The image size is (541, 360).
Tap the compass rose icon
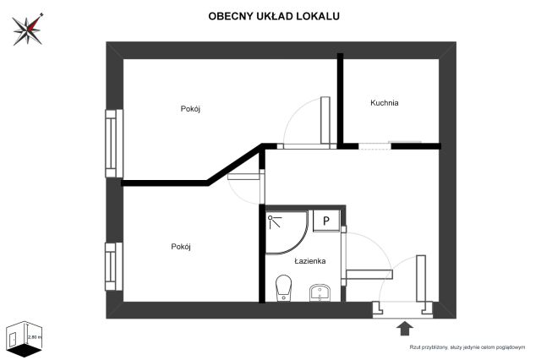[x=28, y=30]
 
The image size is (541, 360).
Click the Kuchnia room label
[x=384, y=103]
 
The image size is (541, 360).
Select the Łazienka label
[x=310, y=262]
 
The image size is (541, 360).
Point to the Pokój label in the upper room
[x=190, y=109]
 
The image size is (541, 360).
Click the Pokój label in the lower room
[x=181, y=247]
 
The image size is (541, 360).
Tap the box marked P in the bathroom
[x=327, y=221]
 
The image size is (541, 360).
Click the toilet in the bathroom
[x=284, y=288]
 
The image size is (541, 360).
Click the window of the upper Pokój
[x=112, y=143]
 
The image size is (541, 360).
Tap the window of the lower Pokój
[x=112, y=266]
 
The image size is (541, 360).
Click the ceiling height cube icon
[x=23, y=337]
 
